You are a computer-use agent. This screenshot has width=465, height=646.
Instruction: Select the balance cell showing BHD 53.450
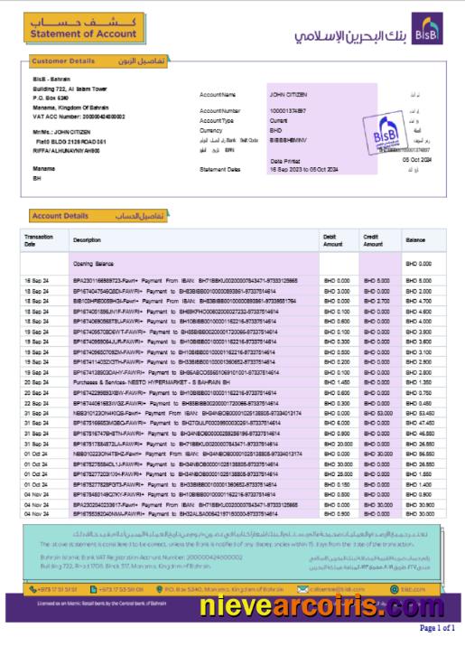(417, 412)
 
